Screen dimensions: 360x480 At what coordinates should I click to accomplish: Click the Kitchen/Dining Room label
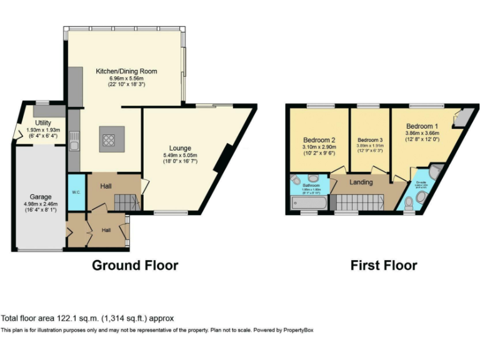126,71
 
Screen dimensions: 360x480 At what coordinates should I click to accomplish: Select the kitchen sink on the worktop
74,146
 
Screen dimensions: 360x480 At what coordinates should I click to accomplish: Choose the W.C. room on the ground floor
76,192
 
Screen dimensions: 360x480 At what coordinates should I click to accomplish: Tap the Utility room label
43,123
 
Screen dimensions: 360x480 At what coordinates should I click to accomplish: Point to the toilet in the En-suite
409,201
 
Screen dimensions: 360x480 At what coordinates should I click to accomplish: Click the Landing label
361,182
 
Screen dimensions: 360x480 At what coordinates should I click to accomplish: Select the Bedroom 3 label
369,139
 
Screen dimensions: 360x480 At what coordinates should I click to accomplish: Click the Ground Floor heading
135,265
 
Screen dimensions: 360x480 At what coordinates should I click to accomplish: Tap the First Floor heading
383,265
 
